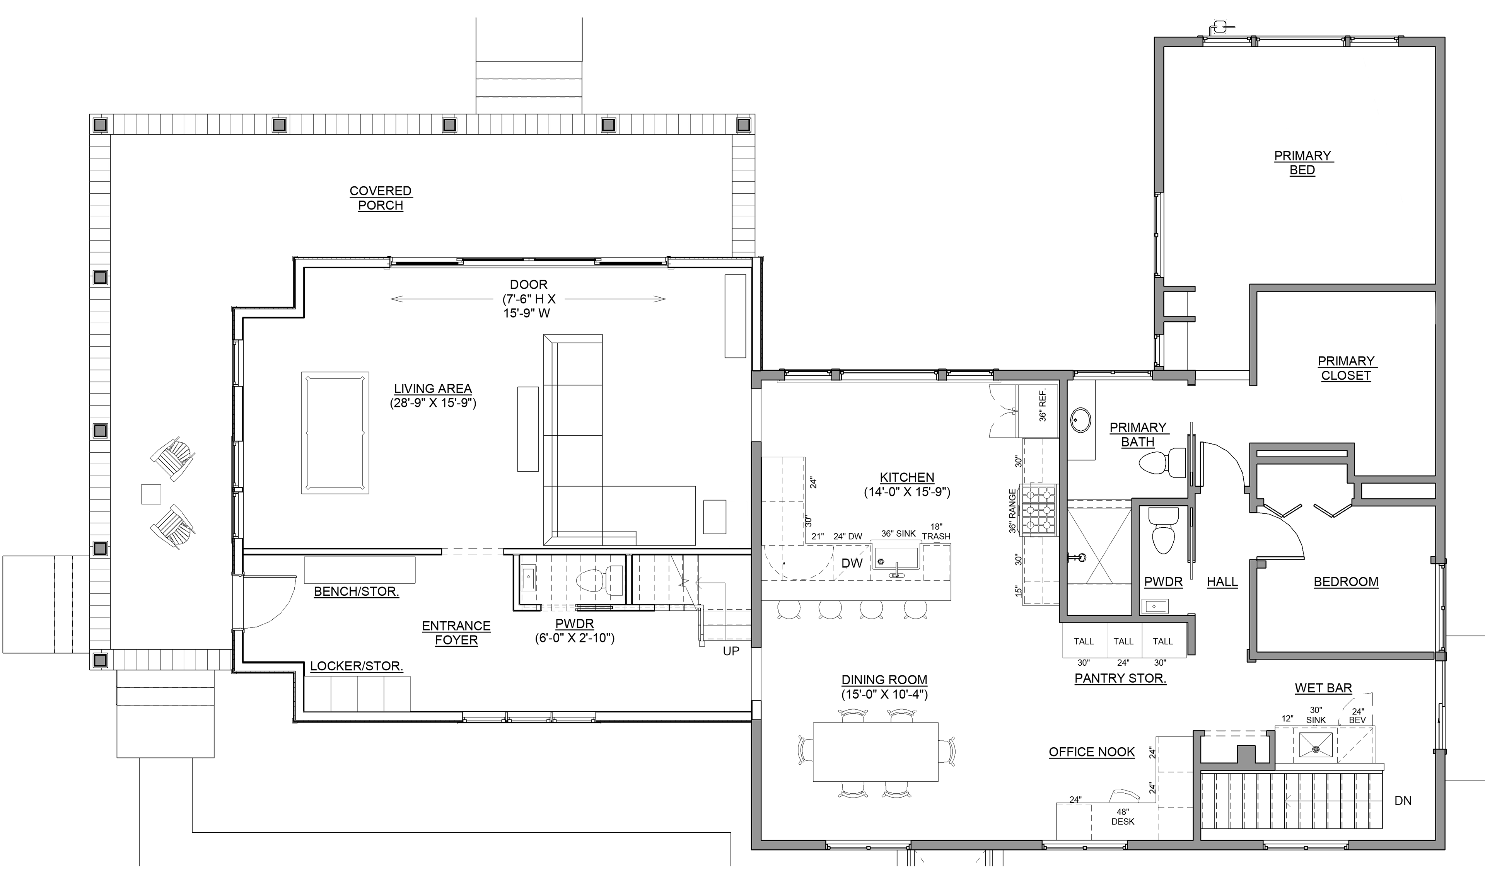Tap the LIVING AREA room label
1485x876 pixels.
(433, 389)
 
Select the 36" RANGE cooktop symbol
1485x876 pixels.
(1039, 510)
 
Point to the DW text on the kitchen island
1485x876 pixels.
(852, 564)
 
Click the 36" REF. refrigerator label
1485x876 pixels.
(1042, 405)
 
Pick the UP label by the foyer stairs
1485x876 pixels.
(731, 651)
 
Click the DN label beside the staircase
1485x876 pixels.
(1403, 801)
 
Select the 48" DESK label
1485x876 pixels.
(1123, 816)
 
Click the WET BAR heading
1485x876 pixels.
(1323, 688)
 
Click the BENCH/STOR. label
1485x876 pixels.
(356, 591)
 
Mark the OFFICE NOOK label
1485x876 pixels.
(1092, 752)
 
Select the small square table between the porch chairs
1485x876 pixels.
(151, 494)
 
